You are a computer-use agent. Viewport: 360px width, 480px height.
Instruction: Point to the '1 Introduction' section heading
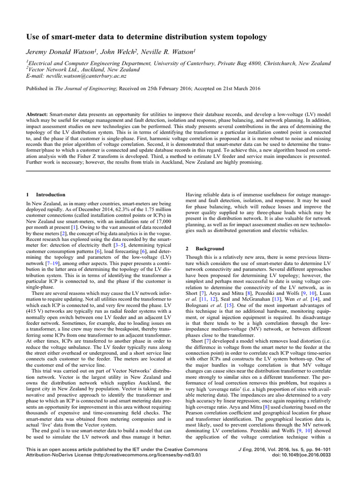click(x=46, y=194)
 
